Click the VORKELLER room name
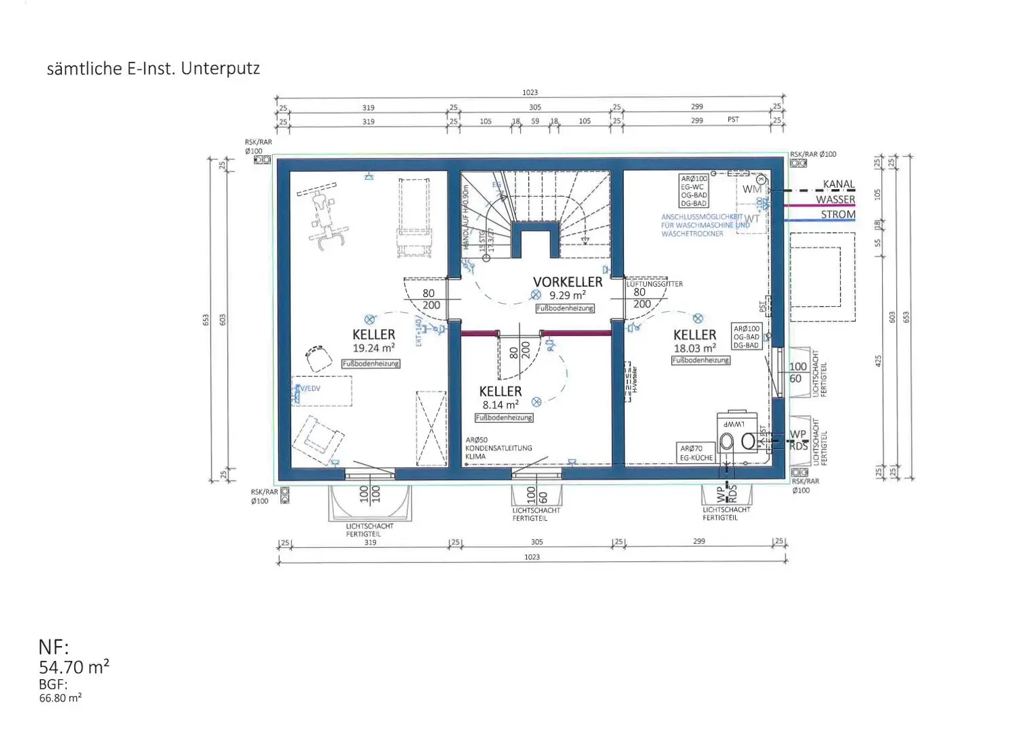pyautogui.click(x=567, y=282)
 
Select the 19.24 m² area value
pyautogui.click(x=373, y=348)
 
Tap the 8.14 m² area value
pyautogui.click(x=500, y=405)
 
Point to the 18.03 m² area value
pyautogui.click(x=695, y=348)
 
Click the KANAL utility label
pyautogui.click(x=838, y=184)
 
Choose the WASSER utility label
pyautogui.click(x=835, y=199)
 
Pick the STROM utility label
pyautogui.click(x=838, y=215)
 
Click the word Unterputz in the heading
pyautogui.click(x=220, y=69)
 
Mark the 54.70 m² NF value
pyautogui.click(x=73, y=667)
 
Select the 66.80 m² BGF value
pyautogui.click(x=60, y=698)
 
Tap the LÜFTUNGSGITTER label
pyautogui.click(x=654, y=284)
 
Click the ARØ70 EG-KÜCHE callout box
pyautogui.click(x=696, y=453)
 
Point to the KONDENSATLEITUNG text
pyautogui.click(x=499, y=448)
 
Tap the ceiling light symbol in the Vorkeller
pyautogui.click(x=536, y=295)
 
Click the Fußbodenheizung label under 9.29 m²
pyautogui.click(x=565, y=308)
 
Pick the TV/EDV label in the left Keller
pyautogui.click(x=309, y=388)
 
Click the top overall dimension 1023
pyautogui.click(x=530, y=92)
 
